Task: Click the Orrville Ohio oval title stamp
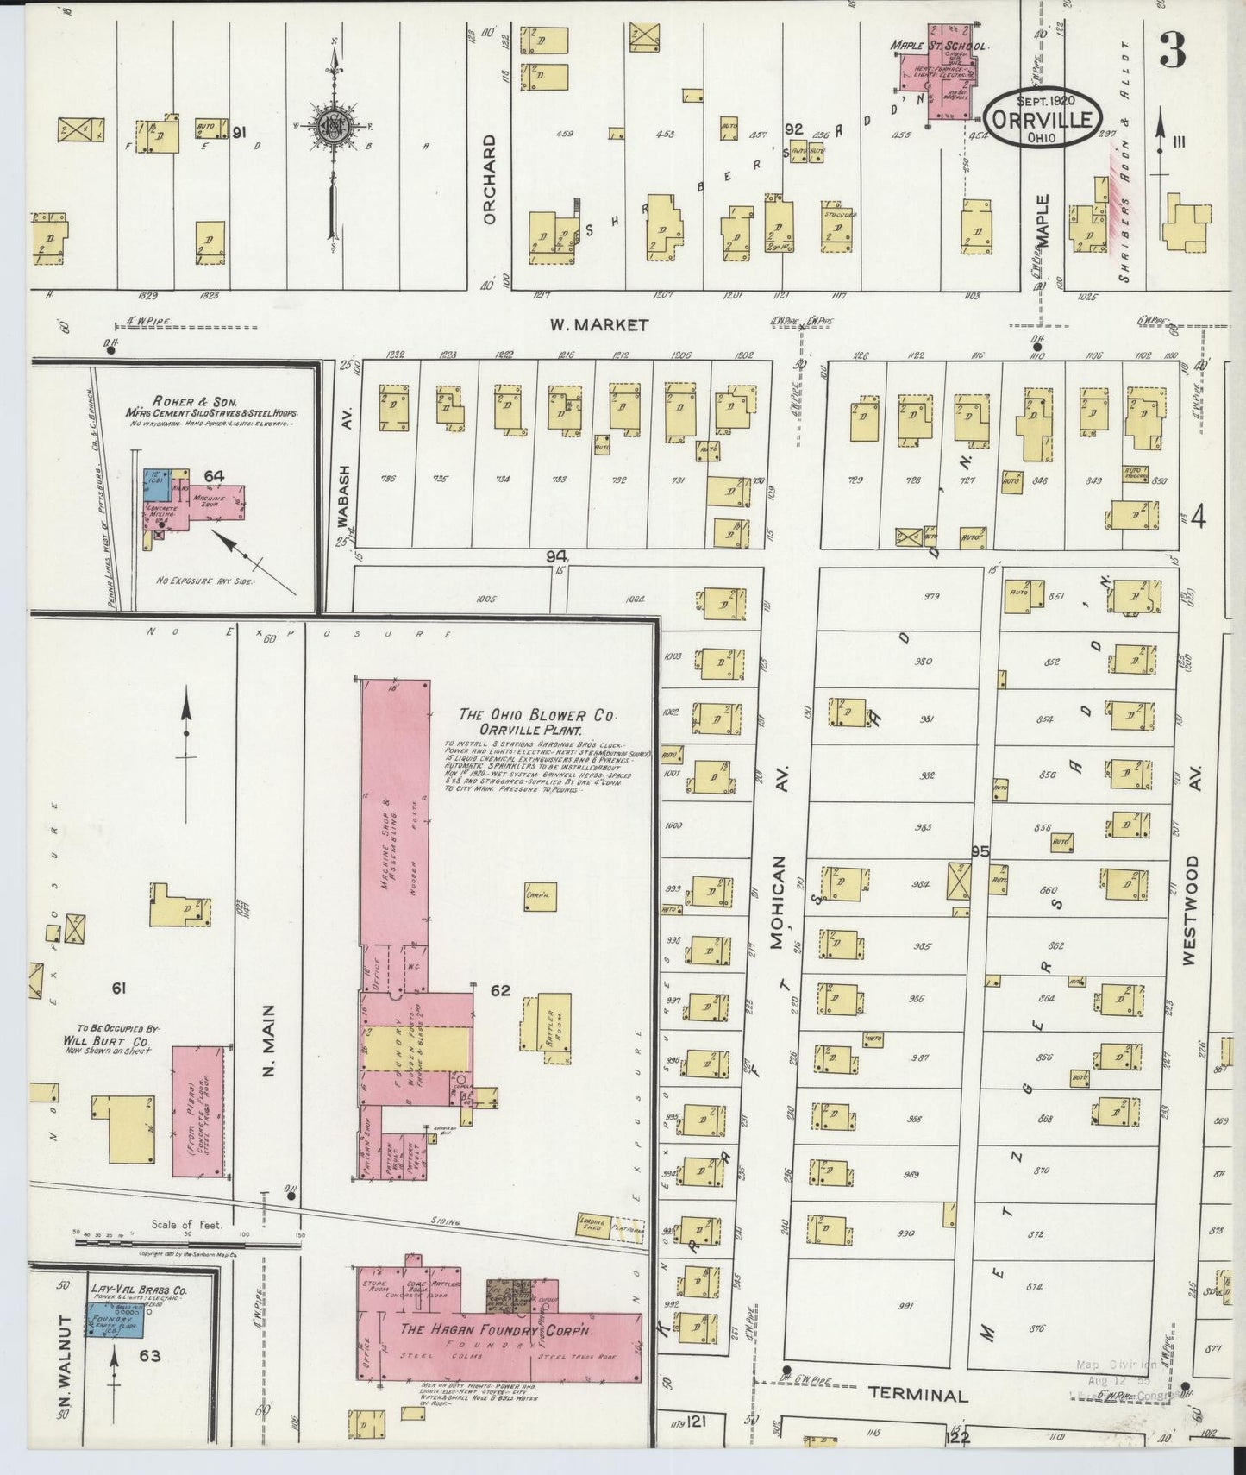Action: [1043, 118]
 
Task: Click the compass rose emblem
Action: [332, 125]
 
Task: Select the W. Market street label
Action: [599, 325]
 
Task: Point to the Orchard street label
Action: [491, 179]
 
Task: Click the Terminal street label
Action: [917, 1395]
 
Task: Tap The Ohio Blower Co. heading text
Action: [537, 715]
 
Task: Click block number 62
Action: [500, 991]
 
